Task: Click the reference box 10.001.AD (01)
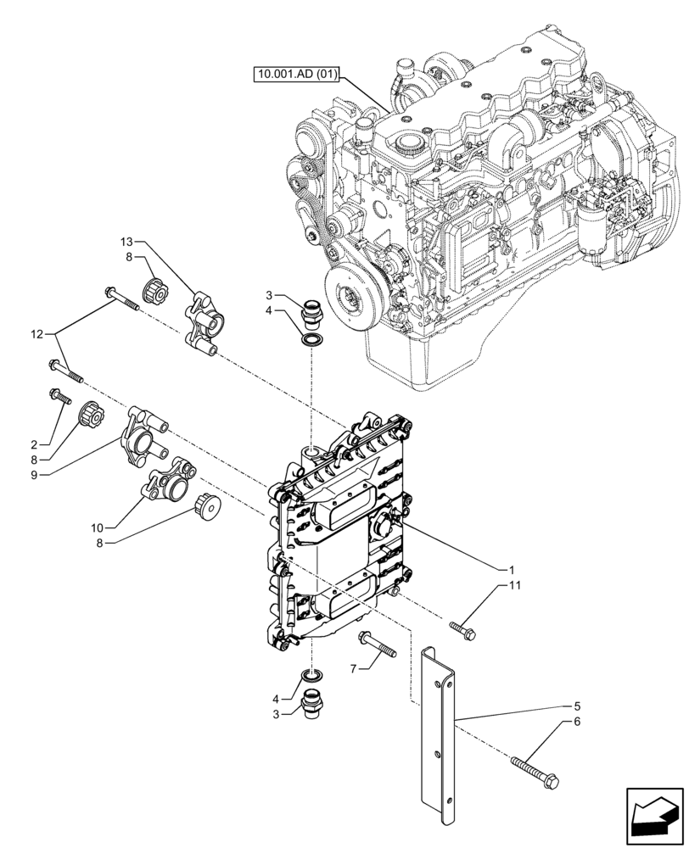pos(296,75)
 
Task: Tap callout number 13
pos(126,243)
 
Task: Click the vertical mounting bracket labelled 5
pos(439,729)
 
